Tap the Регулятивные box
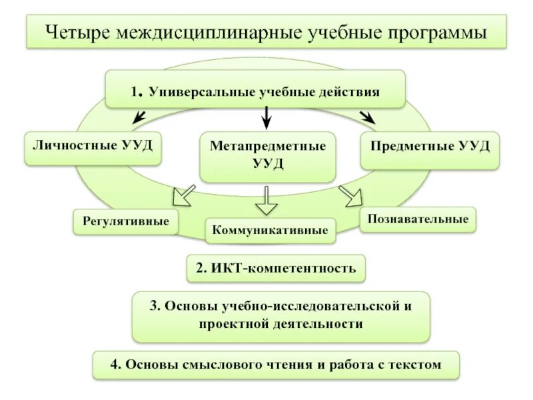pos(126,221)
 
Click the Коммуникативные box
pos(270,231)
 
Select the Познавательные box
pos(418,219)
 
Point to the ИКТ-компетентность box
pos(276,269)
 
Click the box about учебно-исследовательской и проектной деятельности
pos(280,315)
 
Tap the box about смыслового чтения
pos(276,365)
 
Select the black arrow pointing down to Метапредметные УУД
pos(266,117)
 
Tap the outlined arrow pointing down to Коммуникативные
pos(266,199)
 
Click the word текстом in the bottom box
pos(416,365)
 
